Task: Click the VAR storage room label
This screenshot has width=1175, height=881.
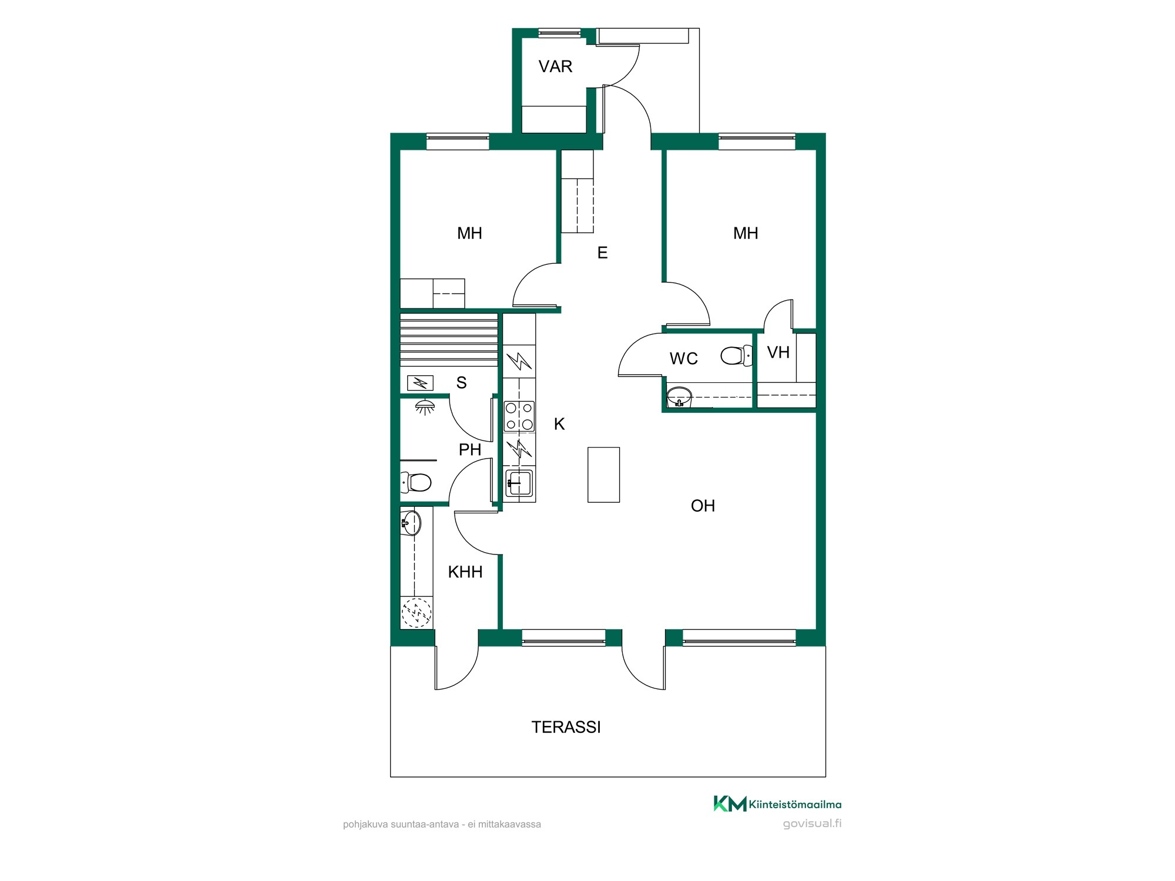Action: [555, 66]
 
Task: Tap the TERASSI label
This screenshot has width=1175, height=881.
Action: [566, 727]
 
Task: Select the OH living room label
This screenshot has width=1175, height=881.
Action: [703, 506]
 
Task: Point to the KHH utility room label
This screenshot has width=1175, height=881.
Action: [465, 571]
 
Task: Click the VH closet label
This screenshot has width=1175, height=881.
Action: [778, 352]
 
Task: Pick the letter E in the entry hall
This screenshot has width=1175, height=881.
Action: [602, 253]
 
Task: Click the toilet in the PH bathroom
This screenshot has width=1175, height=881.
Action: [416, 482]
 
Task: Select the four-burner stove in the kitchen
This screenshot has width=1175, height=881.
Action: [519, 416]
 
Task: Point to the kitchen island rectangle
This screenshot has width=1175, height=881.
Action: [603, 475]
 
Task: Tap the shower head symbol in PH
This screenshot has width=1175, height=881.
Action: [425, 406]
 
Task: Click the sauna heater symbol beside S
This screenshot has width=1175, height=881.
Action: [420, 384]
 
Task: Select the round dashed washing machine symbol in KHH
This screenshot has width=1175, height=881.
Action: [417, 612]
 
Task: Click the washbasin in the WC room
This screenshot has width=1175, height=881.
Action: [680, 397]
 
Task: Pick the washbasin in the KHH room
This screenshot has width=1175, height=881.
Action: [411, 523]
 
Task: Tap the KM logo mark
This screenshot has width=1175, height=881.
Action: [730, 803]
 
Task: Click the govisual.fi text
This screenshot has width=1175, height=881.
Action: [812, 823]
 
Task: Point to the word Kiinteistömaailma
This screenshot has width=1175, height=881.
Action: [795, 805]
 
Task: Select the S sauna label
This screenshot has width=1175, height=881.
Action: [461, 383]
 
